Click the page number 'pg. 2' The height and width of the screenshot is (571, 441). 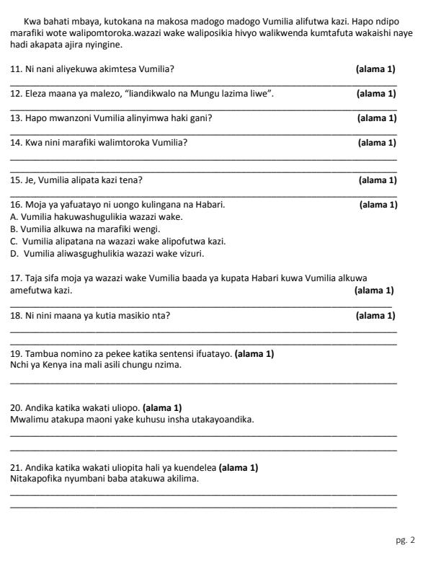(x=405, y=539)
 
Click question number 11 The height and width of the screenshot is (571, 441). (x=16, y=69)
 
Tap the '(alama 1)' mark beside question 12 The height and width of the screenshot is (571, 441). (x=375, y=94)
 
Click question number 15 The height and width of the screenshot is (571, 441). (x=16, y=180)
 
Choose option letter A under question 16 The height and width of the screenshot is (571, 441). (x=14, y=216)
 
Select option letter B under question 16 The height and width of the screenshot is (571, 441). (x=14, y=229)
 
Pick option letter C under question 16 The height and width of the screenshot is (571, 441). (x=14, y=241)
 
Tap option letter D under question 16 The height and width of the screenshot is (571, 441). (x=14, y=253)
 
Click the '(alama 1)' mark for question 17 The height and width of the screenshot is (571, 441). (x=374, y=291)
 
